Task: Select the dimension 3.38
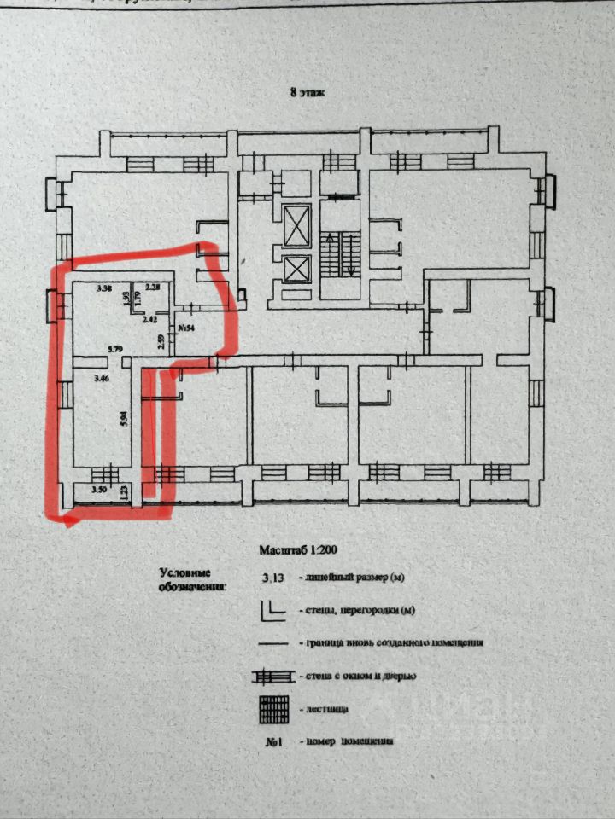pyautogui.click(x=105, y=288)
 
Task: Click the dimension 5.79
pyautogui.click(x=115, y=349)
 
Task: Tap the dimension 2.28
pyautogui.click(x=154, y=288)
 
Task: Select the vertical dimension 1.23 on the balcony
pyautogui.click(x=125, y=491)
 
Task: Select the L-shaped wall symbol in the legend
pyautogui.click(x=272, y=609)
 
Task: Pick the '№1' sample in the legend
pyautogui.click(x=274, y=741)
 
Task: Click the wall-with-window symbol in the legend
pyautogui.click(x=272, y=677)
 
